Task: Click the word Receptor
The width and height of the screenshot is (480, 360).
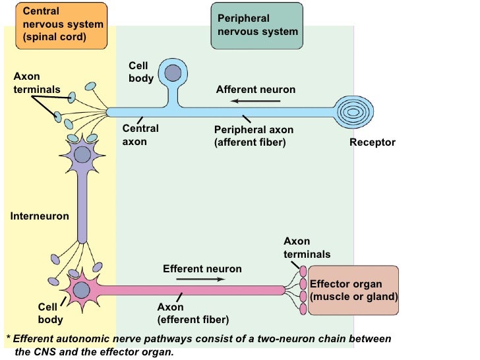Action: (373, 142)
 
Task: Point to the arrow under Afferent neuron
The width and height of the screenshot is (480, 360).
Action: (255, 102)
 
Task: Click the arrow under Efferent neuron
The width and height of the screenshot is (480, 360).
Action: (201, 279)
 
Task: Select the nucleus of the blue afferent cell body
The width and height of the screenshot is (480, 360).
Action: (174, 73)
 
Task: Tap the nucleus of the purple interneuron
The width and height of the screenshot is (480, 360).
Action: (82, 155)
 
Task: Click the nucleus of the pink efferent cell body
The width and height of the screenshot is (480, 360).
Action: (82, 289)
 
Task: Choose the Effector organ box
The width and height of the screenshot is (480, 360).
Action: (354, 290)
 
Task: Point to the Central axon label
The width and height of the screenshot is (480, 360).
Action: (140, 135)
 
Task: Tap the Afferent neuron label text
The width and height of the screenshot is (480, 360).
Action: (256, 89)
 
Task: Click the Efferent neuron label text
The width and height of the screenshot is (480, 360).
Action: (202, 268)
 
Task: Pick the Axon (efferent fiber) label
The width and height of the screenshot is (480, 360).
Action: (193, 313)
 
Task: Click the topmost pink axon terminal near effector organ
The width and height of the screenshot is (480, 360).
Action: (303, 271)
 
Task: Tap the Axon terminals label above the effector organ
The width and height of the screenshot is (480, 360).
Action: (307, 248)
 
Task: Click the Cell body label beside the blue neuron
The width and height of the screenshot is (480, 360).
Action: (141, 73)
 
